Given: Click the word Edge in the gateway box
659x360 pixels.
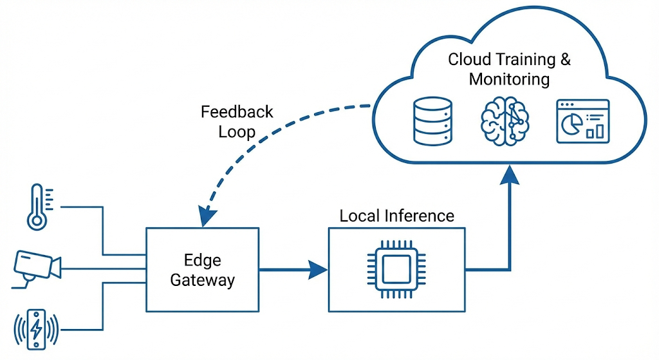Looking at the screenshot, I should (202, 260).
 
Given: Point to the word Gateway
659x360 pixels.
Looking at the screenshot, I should (202, 281).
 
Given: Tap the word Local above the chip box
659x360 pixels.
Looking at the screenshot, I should (358, 216).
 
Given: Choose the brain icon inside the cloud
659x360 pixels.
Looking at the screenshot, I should (505, 121).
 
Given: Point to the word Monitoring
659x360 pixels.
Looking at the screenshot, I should (509, 80).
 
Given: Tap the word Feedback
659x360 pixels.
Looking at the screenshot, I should (237, 112).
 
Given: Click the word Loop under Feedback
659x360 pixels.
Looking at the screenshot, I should (237, 132).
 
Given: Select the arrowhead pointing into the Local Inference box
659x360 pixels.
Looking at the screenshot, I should (318, 269).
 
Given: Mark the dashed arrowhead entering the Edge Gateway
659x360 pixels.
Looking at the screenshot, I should (205, 218).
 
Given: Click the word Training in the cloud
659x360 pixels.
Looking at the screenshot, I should (524, 60).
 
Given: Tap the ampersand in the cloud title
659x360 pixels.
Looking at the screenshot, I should (566, 60).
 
